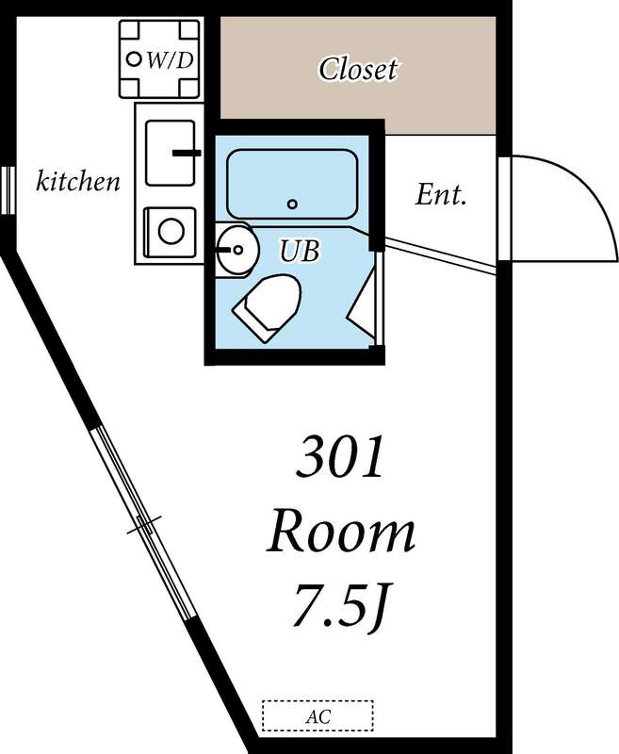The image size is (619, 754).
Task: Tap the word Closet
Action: tap(358, 69)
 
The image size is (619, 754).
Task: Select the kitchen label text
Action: tap(78, 181)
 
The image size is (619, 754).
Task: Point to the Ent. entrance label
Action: tap(442, 195)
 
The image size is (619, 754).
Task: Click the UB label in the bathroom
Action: tap(300, 252)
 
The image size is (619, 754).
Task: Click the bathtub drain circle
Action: tap(292, 204)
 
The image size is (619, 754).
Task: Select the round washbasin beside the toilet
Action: tap(235, 251)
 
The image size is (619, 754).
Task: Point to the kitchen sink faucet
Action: tap(186, 152)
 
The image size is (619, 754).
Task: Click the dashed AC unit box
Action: tap(317, 714)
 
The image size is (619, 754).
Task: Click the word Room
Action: tap(340, 533)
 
